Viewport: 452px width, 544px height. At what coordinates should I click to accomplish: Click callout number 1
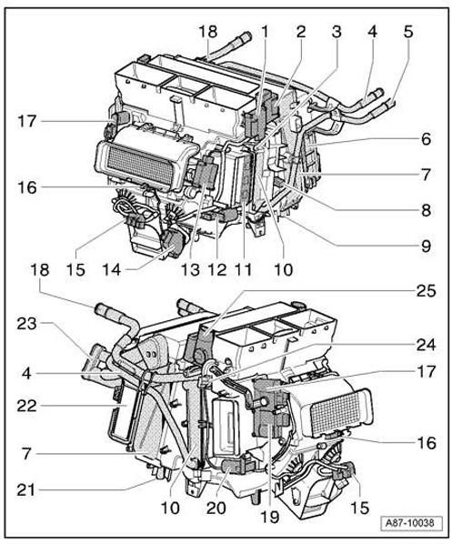264,31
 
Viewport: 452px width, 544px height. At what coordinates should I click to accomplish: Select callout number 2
300,31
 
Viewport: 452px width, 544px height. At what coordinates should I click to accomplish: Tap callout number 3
336,31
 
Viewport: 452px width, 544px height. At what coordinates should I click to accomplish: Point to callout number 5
407,31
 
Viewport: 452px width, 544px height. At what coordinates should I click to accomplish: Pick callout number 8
426,207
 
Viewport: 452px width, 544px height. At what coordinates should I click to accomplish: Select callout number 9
426,244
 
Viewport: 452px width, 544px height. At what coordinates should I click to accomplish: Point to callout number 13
189,270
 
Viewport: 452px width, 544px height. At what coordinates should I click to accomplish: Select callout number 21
27,489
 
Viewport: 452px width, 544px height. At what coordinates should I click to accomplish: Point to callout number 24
426,345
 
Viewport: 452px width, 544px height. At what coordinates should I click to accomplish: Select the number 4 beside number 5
372,31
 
